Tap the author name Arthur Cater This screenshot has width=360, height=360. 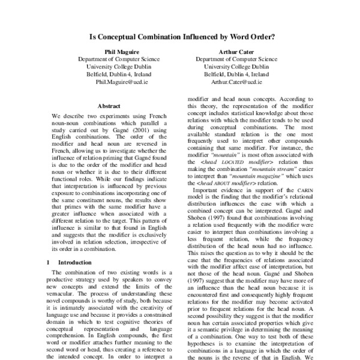coord(236,52)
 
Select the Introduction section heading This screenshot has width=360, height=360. coord(74,262)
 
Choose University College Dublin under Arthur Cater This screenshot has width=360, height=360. coord(236,67)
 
